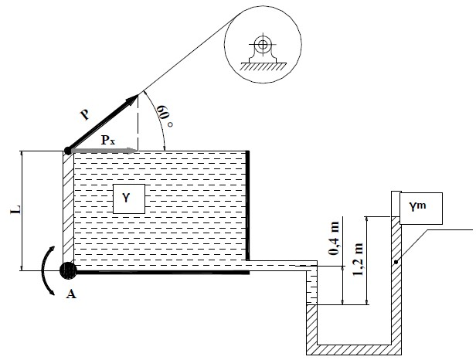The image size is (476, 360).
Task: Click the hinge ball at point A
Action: pyautogui.click(x=68, y=270)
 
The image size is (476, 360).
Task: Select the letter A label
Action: pyautogui.click(x=73, y=294)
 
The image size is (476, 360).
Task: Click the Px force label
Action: pyautogui.click(x=109, y=141)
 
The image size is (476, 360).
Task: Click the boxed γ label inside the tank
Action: pyautogui.click(x=129, y=199)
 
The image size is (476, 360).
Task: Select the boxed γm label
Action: pyautogui.click(x=417, y=206)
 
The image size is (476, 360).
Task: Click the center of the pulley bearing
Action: pyautogui.click(x=263, y=45)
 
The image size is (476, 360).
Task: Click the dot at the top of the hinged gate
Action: pyautogui.click(x=68, y=150)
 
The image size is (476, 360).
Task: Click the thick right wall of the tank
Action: pyautogui.click(x=247, y=205)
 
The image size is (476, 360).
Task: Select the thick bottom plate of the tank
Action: pyautogui.click(x=162, y=271)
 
